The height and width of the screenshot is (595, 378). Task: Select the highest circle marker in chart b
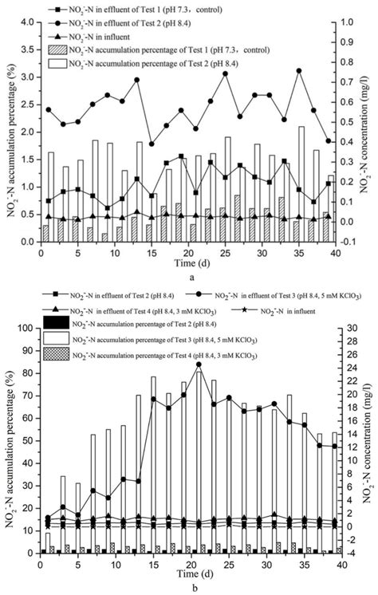point(199,364)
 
